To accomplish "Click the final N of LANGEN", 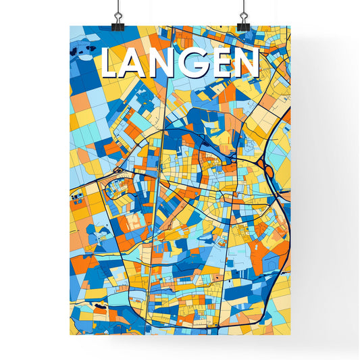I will [247, 64].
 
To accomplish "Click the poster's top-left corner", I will [70, 26].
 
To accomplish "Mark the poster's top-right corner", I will [290, 26].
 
